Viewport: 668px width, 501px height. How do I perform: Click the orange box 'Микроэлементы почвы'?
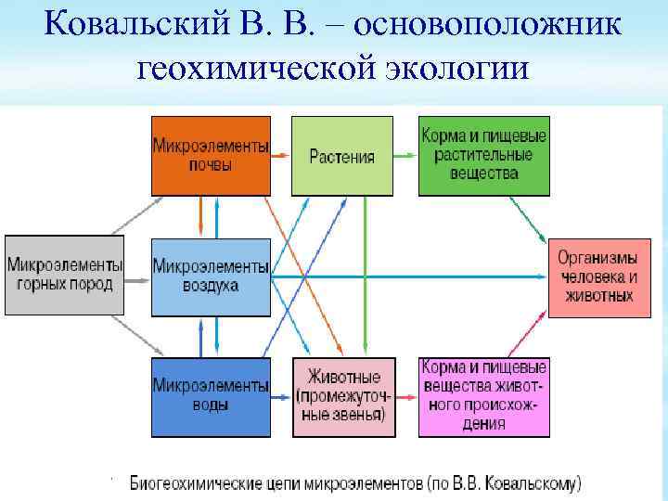(211, 156)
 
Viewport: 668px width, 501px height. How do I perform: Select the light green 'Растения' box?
(341, 156)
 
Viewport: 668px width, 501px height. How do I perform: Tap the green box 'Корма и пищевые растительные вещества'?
(483, 156)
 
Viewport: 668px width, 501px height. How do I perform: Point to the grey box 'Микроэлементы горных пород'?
(64, 276)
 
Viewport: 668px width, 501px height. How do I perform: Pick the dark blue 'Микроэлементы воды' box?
(211, 396)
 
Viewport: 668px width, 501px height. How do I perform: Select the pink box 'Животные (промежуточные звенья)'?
(341, 396)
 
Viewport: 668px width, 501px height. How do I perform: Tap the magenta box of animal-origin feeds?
(483, 396)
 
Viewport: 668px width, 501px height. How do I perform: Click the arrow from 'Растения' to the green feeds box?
(405, 156)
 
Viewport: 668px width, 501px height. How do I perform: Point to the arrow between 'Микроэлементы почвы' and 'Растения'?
(281, 156)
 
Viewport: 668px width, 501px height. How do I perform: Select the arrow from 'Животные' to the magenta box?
(405, 396)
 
